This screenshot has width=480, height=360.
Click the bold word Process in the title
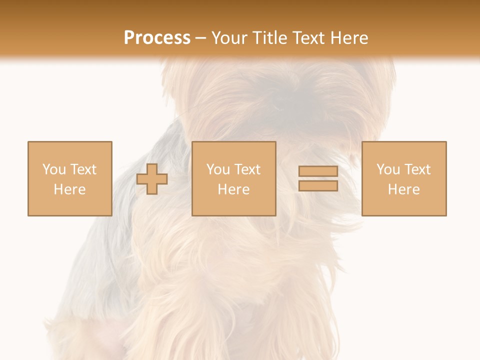coord(157,38)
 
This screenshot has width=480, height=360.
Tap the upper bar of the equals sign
coord(318,171)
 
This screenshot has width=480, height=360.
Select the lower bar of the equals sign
coord(318,186)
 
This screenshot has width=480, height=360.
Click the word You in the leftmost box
coord(54,169)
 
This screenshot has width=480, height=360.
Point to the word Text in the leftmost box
coord(82,169)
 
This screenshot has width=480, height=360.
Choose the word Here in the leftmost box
coord(69,189)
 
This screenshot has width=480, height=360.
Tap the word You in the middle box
coord(218,169)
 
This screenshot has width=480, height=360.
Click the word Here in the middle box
coord(233,189)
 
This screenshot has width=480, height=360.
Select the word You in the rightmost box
coord(388,169)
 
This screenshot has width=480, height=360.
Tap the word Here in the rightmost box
coord(403,189)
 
